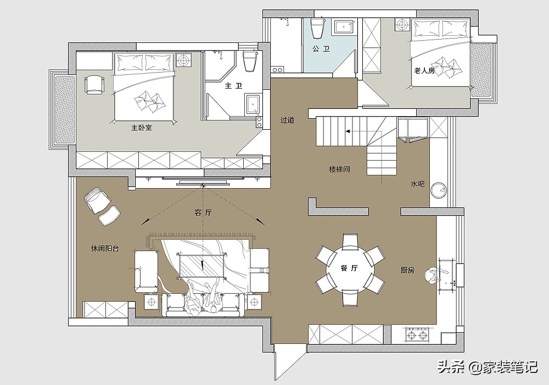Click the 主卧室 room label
(142, 128)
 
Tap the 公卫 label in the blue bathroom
(321, 49)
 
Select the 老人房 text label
(424, 71)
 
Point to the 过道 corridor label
(287, 120)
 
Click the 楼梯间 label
(339, 169)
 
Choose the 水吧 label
(417, 184)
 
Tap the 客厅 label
(203, 212)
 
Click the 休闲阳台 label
(105, 249)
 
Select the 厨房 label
(407, 271)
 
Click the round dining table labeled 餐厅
(350, 269)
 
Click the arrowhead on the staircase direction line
(348, 131)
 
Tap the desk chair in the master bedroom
(94, 85)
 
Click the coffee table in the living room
(202, 266)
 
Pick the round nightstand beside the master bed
(183, 61)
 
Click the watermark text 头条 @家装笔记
(488, 367)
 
